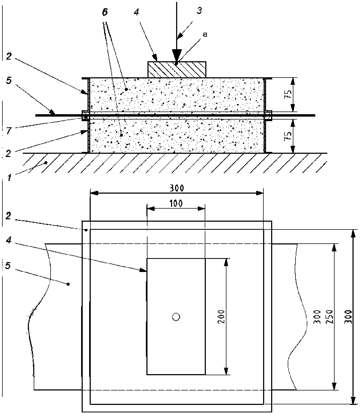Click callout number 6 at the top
[105, 12]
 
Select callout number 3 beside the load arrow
[199, 11]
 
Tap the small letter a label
[205, 34]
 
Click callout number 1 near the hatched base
[10, 177]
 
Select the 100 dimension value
[176, 204]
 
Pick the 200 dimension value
[221, 317]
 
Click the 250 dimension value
[330, 317]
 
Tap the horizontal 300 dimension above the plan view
[177, 188]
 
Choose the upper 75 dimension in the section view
[287, 94]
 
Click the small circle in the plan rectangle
[176, 317]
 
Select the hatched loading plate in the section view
[177, 70]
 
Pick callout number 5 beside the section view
[9, 80]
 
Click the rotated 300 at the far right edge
[347, 317]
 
